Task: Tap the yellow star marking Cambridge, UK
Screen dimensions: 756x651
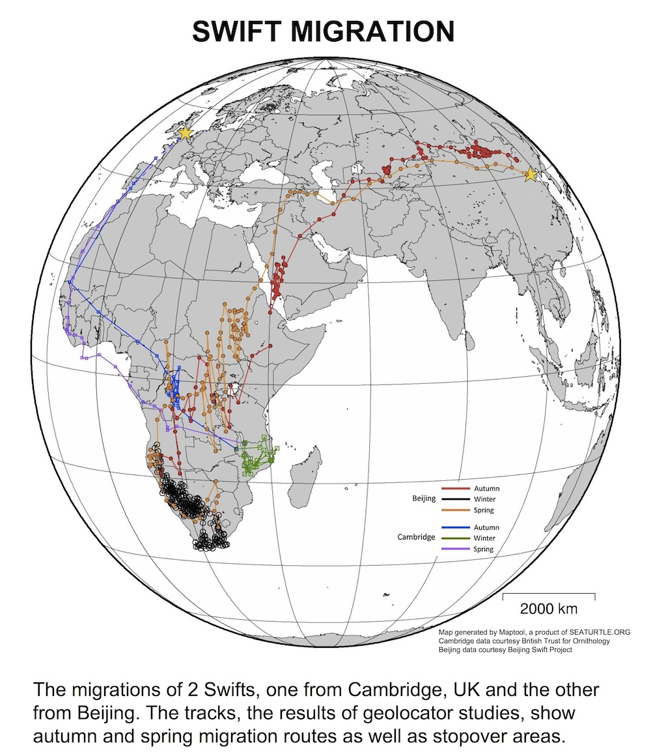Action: click(x=185, y=133)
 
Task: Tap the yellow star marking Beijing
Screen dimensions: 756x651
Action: click(x=531, y=175)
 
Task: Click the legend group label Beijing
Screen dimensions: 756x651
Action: click(x=423, y=499)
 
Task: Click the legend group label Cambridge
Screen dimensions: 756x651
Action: click(x=416, y=538)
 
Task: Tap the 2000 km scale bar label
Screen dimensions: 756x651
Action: click(x=549, y=609)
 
